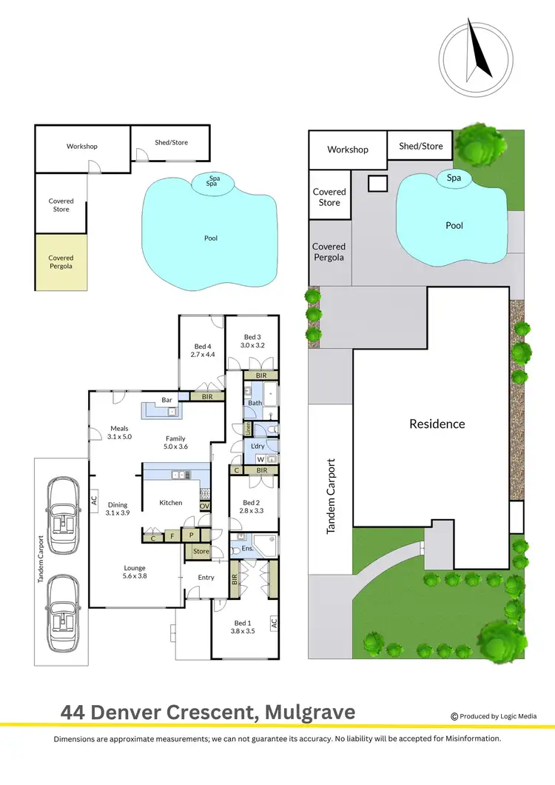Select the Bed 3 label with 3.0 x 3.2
tap(252, 341)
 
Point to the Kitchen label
tap(171, 503)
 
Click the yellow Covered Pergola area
tap(61, 262)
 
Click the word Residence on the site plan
tap(437, 424)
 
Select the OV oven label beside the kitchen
tap(204, 507)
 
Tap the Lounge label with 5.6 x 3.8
tap(135, 572)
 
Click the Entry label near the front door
tap(206, 578)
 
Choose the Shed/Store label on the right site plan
tap(420, 146)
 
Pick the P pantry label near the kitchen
tap(191, 534)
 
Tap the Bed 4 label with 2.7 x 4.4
tap(204, 350)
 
